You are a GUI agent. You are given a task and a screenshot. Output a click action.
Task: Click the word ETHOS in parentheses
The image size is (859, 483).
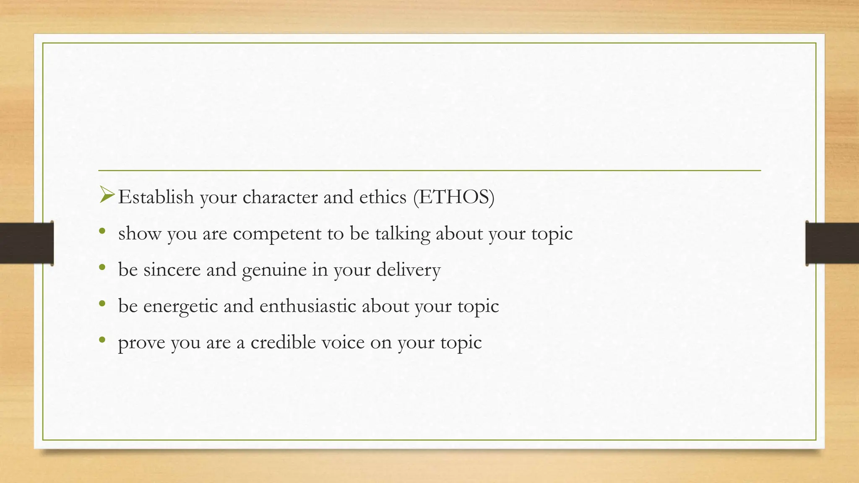pyautogui.click(x=454, y=197)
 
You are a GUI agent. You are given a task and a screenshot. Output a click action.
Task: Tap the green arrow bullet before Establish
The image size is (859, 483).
pyautogui.click(x=107, y=195)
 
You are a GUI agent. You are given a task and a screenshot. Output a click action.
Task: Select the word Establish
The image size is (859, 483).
pyautogui.click(x=156, y=197)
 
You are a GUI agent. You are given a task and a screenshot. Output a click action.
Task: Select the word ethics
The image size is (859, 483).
pyautogui.click(x=383, y=197)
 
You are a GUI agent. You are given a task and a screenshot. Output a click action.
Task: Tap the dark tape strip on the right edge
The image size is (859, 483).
pyautogui.click(x=832, y=243)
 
